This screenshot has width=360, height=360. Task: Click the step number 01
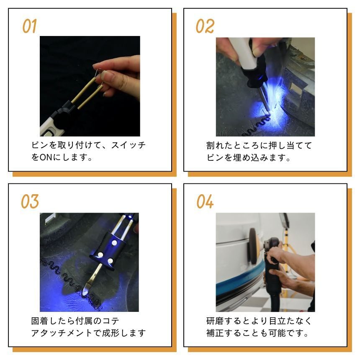[x=29, y=26]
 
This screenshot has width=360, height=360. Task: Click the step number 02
[x=205, y=26]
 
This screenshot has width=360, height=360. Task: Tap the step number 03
[x=30, y=202]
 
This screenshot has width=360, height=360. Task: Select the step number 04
[x=205, y=202]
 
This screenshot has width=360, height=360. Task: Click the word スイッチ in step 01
[x=129, y=145]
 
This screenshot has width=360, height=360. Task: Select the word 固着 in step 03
[x=40, y=321]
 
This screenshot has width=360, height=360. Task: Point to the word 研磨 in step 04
[x=215, y=321]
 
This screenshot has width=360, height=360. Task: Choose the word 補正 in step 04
[x=215, y=333]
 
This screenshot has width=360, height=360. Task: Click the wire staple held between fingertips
[x=98, y=72]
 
